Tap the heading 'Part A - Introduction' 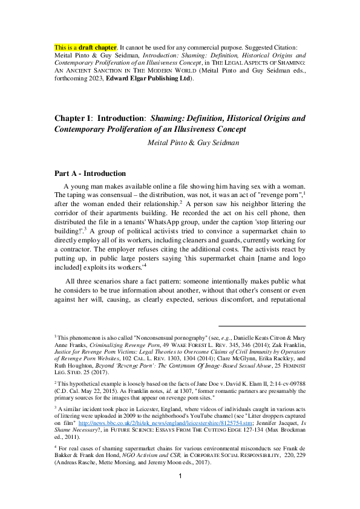(x=90, y=173)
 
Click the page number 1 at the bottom (x=180, y=493)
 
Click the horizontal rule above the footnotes (x=261, y=326)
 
